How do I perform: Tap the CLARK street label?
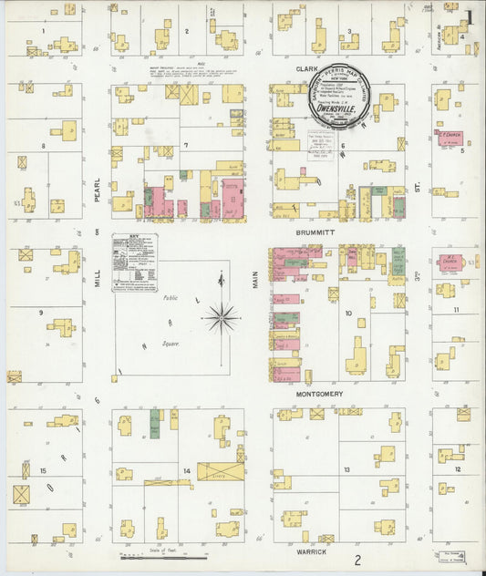(x=305, y=68)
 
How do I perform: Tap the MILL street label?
(x=98, y=278)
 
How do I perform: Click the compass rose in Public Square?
(x=222, y=317)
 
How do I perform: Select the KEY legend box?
(x=135, y=262)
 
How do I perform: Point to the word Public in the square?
(x=171, y=298)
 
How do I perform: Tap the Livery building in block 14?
(x=221, y=472)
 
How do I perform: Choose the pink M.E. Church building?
(x=451, y=262)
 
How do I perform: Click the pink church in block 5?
(x=448, y=139)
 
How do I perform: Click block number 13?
(x=346, y=469)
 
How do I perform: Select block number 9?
(x=41, y=313)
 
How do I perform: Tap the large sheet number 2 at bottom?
(x=358, y=560)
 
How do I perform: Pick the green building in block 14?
(x=155, y=424)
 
